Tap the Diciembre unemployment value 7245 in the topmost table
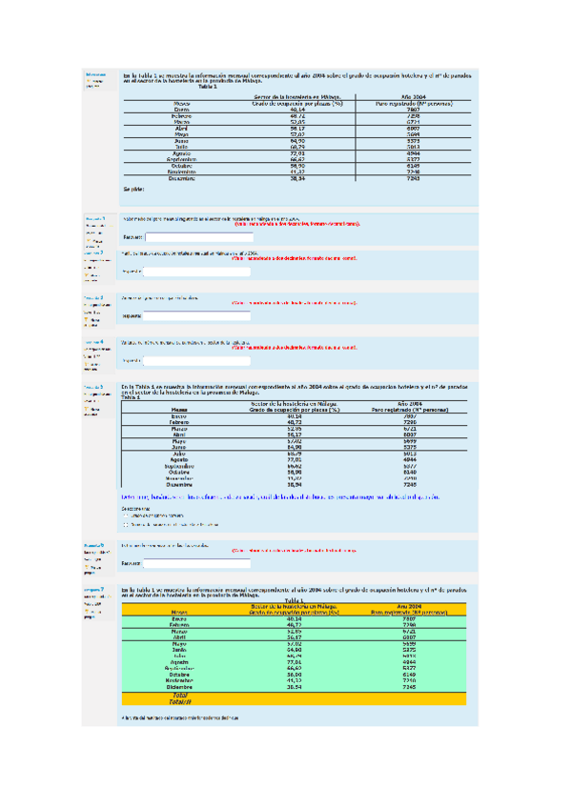[413, 177]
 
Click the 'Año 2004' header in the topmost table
[413, 96]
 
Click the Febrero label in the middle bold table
[179, 422]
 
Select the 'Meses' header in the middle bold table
[179, 409]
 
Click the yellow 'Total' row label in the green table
[180, 696]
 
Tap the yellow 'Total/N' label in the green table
[180, 702]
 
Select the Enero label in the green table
[179, 618]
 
